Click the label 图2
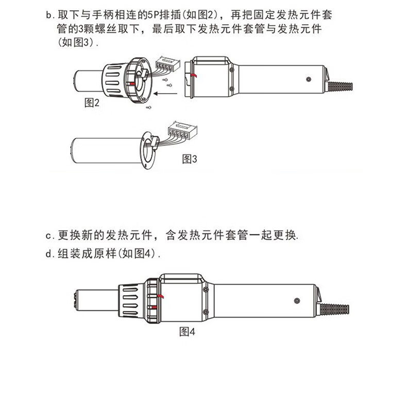click(92, 103)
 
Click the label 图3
click(190, 159)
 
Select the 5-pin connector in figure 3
click(184, 129)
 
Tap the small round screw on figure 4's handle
click(297, 300)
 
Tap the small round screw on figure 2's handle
click(308, 80)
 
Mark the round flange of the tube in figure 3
click(148, 149)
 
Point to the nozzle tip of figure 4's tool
click(78, 300)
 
